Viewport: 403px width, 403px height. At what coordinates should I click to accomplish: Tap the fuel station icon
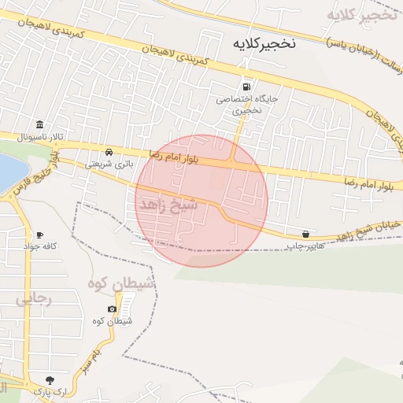(246, 87)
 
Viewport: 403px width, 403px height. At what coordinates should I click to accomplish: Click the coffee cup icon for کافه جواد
(39, 235)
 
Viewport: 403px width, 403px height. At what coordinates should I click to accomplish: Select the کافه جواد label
(41, 247)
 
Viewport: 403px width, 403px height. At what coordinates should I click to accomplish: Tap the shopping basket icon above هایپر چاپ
(305, 234)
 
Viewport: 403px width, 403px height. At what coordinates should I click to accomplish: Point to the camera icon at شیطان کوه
(112, 309)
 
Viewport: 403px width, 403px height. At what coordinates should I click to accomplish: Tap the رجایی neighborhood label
(33, 299)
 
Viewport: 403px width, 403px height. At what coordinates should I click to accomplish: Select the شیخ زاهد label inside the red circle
(168, 205)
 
